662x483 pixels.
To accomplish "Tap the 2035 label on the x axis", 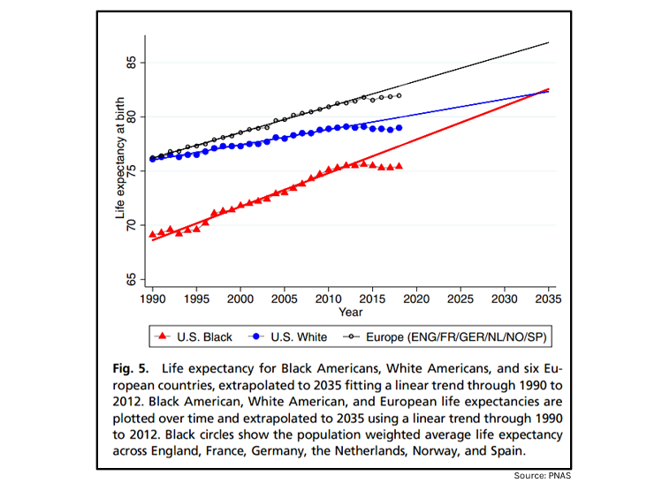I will pyautogui.click(x=549, y=299).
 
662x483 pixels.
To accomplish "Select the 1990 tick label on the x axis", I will pyautogui.click(x=153, y=299).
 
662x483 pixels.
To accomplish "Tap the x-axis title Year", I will pyautogui.click(x=350, y=312).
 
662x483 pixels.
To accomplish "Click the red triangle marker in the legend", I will pyautogui.click(x=162, y=336).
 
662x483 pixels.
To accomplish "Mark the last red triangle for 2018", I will pyautogui.click(x=399, y=165).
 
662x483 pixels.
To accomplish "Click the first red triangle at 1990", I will pyautogui.click(x=153, y=234).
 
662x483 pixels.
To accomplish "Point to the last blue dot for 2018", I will pyautogui.click(x=399, y=127).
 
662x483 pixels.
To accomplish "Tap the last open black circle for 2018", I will pyautogui.click(x=399, y=95).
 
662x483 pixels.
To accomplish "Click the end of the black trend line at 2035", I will pyautogui.click(x=549, y=42).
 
